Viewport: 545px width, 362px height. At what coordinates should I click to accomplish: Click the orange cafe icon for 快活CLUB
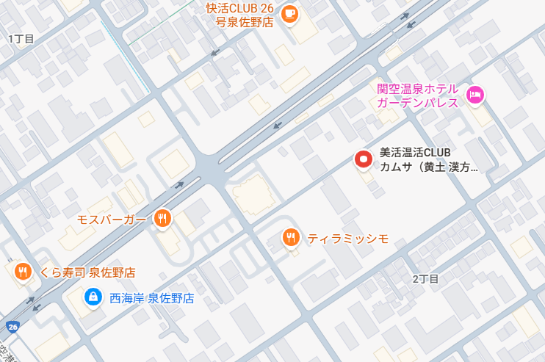tap(290, 13)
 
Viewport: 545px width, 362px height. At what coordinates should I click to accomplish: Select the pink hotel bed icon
tap(475, 94)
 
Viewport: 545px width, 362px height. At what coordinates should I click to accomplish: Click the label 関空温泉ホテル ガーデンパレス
tap(417, 95)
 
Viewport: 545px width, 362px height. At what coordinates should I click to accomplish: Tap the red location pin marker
tap(363, 159)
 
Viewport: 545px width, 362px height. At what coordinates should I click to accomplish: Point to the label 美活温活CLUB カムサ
tap(427, 160)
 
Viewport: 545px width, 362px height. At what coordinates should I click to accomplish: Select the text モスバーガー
tap(112, 219)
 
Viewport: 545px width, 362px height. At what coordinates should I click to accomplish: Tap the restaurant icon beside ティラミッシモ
tap(291, 237)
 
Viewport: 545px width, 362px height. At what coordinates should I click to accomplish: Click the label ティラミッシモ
tap(347, 238)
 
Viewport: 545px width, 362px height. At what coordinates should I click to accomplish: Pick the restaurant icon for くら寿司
tap(23, 272)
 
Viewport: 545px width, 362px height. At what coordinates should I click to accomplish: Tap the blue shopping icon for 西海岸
tap(93, 297)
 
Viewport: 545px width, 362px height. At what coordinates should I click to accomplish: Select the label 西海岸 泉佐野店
tap(151, 298)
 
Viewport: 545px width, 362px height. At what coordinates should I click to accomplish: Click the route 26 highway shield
tap(12, 326)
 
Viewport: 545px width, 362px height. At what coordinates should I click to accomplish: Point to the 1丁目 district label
tap(21, 38)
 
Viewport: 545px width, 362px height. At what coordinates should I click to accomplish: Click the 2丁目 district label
tap(425, 279)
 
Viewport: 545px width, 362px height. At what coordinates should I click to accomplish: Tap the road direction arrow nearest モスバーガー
tap(179, 185)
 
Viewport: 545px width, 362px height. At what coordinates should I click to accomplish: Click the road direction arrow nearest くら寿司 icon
tap(30, 300)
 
